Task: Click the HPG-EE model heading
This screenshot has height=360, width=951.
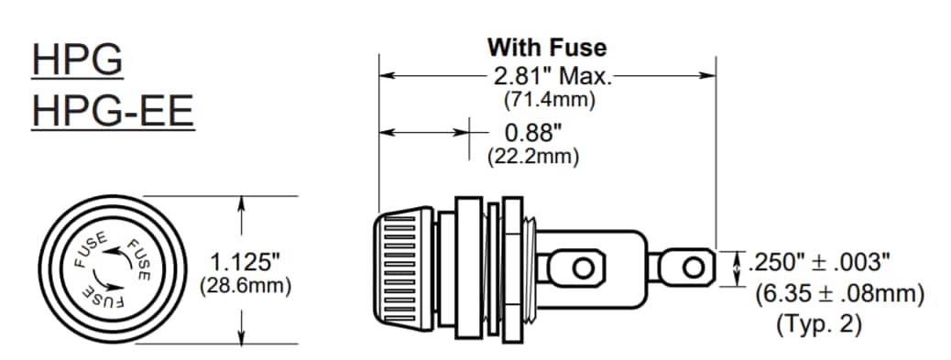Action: point(113,111)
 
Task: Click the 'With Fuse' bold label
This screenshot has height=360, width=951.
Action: point(546,46)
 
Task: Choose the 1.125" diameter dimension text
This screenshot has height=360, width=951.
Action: point(246,263)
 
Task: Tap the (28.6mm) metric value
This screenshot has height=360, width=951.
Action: point(246,286)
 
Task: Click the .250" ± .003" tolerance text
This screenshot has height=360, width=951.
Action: point(819,263)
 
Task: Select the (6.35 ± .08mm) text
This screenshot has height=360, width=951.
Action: point(839,294)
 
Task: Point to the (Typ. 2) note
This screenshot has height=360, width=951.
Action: point(818,323)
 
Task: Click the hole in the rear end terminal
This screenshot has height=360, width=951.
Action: point(694,267)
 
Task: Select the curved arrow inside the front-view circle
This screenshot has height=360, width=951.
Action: point(107,268)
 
